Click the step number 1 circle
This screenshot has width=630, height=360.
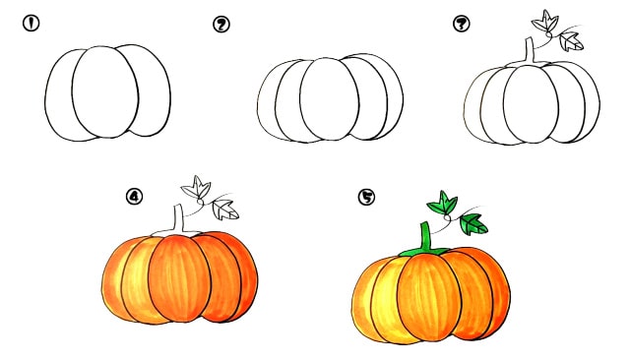[x=31, y=23]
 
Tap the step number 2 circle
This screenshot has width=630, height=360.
[x=220, y=25]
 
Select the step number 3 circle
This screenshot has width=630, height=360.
[x=462, y=24]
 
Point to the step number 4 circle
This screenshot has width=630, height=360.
[x=134, y=197]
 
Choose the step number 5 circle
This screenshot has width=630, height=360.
[x=366, y=197]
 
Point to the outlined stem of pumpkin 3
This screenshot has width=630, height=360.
[x=530, y=52]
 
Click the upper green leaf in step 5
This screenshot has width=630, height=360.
[x=442, y=203]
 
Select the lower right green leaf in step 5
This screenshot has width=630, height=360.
[x=473, y=224]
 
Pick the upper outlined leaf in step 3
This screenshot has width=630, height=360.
[x=544, y=22]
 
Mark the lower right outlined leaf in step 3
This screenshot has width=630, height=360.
[x=571, y=41]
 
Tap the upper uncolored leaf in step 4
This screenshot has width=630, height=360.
[x=196, y=188]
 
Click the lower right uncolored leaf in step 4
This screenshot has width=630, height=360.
[x=225, y=210]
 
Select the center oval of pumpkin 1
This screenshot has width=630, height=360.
[x=105, y=91]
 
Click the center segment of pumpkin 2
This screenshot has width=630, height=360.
[x=329, y=99]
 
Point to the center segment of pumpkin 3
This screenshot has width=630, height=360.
[x=531, y=103]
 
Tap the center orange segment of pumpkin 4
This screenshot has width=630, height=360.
[x=179, y=278]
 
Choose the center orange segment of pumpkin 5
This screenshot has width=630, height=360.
[x=429, y=297]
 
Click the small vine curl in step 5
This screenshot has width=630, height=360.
[x=447, y=217]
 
